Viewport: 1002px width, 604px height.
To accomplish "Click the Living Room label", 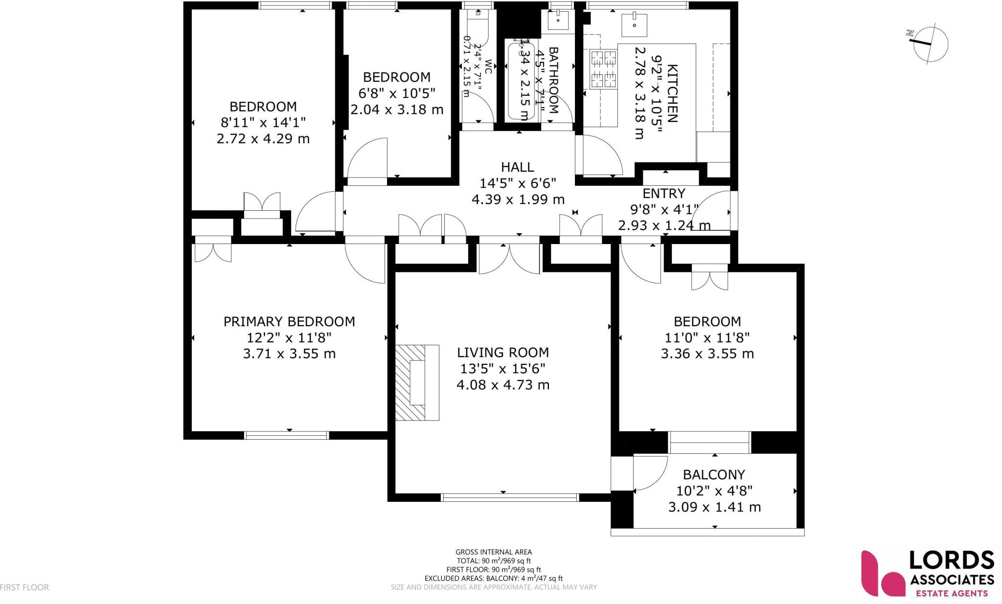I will (x=502, y=352).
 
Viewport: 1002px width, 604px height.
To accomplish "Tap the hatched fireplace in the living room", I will (x=410, y=382).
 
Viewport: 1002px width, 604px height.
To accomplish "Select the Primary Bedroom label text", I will (x=289, y=321).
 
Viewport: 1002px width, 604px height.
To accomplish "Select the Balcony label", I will (x=714, y=474).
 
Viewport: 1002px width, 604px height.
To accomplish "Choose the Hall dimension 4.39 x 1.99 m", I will (x=518, y=200).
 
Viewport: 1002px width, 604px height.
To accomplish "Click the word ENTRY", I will (x=663, y=193).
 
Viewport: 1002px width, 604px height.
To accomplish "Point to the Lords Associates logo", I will (x=928, y=574).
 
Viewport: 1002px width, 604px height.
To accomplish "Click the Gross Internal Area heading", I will (x=493, y=552).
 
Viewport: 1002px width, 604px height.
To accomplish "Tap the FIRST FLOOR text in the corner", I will (x=24, y=587).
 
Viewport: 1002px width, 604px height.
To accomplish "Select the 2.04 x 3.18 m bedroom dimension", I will (x=397, y=109).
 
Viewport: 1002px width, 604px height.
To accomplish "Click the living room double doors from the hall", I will (x=509, y=258).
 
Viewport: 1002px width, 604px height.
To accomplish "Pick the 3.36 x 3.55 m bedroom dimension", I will (x=707, y=354).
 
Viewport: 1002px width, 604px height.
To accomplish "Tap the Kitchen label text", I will (x=672, y=93).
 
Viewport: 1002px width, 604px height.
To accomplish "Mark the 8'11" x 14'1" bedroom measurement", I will (x=263, y=122).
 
